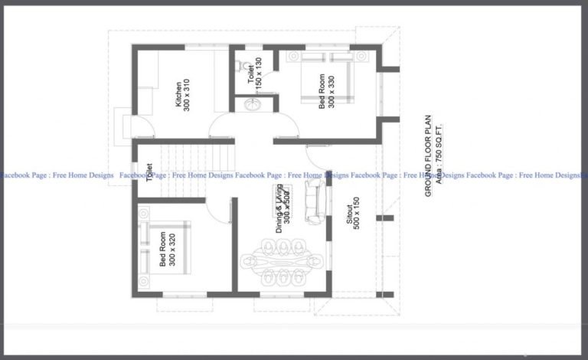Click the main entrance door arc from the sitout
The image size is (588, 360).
[316, 159]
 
